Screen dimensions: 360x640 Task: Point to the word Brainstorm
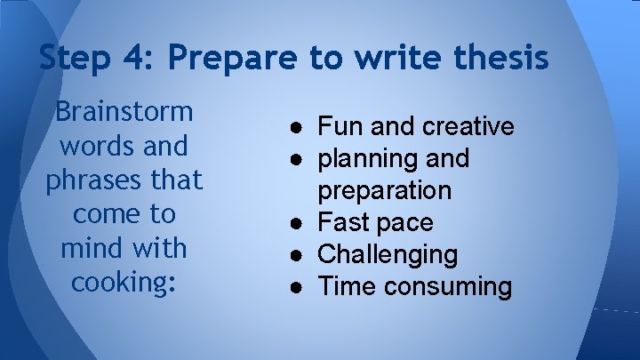[124, 112]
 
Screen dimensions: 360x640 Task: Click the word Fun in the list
[338, 127]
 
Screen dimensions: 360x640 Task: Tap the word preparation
[385, 191]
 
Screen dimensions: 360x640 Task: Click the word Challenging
[388, 255]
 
